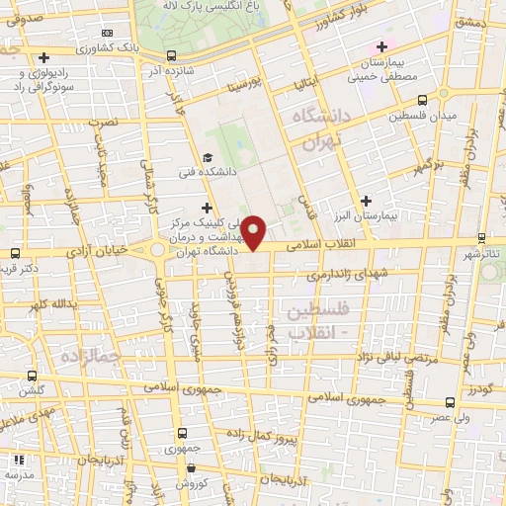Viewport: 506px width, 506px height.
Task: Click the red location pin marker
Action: (255, 231)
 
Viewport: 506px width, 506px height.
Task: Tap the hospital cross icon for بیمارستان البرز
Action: (368, 200)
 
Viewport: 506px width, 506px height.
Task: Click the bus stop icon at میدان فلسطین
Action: (423, 100)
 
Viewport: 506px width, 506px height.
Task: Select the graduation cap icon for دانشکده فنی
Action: (208, 158)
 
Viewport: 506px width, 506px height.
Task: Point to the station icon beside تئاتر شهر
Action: (481, 237)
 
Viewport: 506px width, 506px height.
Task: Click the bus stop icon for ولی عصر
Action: (451, 402)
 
